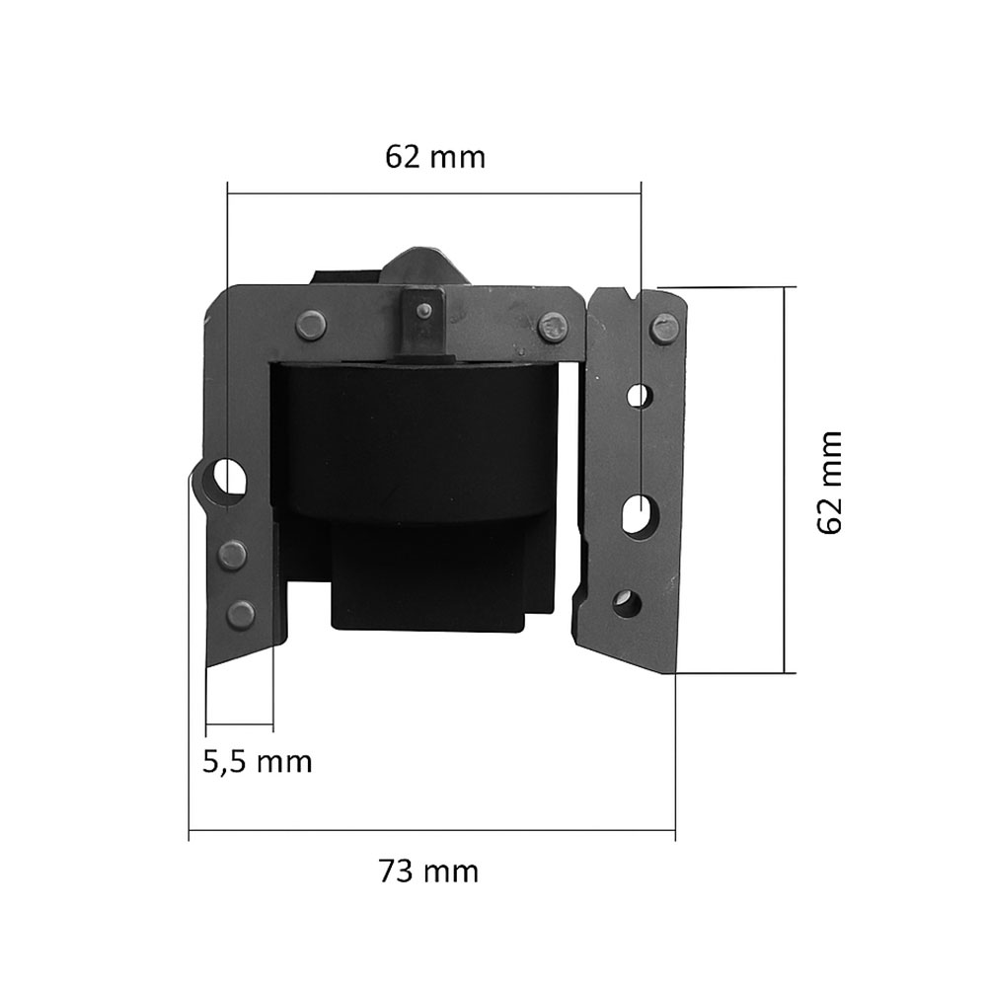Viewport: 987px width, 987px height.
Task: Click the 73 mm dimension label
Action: (428, 872)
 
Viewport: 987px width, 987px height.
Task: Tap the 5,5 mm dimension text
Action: (257, 762)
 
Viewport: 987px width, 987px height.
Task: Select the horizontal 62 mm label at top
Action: (435, 157)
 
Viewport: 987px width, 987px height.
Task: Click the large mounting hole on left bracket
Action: (229, 476)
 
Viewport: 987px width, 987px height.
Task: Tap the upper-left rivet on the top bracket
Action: (311, 325)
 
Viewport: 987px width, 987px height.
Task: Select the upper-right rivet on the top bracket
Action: (554, 326)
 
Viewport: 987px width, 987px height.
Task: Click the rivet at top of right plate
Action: (664, 329)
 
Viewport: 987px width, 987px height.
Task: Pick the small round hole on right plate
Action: (639, 396)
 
